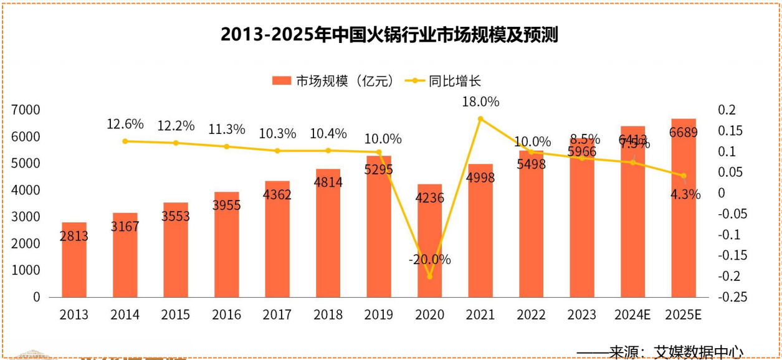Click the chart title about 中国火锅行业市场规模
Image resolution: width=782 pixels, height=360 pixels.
pyautogui.click(x=389, y=35)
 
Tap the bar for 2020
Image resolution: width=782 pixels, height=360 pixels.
pyautogui.click(x=429, y=243)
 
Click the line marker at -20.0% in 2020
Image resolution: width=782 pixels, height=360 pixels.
pyautogui.click(x=429, y=277)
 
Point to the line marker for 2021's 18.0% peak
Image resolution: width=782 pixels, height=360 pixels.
pyautogui.click(x=480, y=118)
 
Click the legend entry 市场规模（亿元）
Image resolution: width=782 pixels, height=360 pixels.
pyautogui.click(x=333, y=81)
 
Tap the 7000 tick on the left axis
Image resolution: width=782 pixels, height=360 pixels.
pyautogui.click(x=26, y=110)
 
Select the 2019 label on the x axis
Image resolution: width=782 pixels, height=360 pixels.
pyautogui.click(x=379, y=315)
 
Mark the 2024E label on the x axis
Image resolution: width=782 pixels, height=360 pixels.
pyautogui.click(x=633, y=315)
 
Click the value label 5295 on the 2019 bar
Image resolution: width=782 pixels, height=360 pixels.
pyautogui.click(x=379, y=169)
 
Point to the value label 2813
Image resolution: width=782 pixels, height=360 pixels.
pyautogui.click(x=74, y=236)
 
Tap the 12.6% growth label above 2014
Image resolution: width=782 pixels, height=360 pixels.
pyautogui.click(x=125, y=124)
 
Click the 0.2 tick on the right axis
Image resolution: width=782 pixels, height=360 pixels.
pyautogui.click(x=727, y=110)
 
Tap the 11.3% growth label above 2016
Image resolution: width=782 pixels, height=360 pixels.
pyautogui.click(x=226, y=130)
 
